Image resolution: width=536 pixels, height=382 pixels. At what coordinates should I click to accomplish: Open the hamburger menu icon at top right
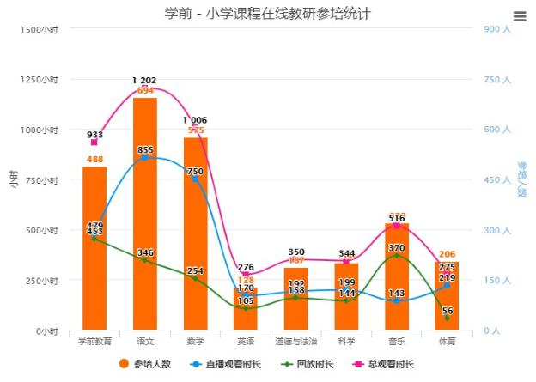pyautogui.click(x=519, y=16)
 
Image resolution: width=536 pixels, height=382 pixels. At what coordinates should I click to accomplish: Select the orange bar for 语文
pyautogui.click(x=145, y=215)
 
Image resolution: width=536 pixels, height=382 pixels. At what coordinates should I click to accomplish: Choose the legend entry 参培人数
pyautogui.click(x=146, y=364)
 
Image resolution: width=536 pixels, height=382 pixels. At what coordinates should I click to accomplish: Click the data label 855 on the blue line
pyautogui.click(x=145, y=150)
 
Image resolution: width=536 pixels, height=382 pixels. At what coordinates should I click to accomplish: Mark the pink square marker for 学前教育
pyautogui.click(x=94, y=142)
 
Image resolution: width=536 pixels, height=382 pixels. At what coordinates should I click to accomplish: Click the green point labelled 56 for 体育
pyautogui.click(x=447, y=318)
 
